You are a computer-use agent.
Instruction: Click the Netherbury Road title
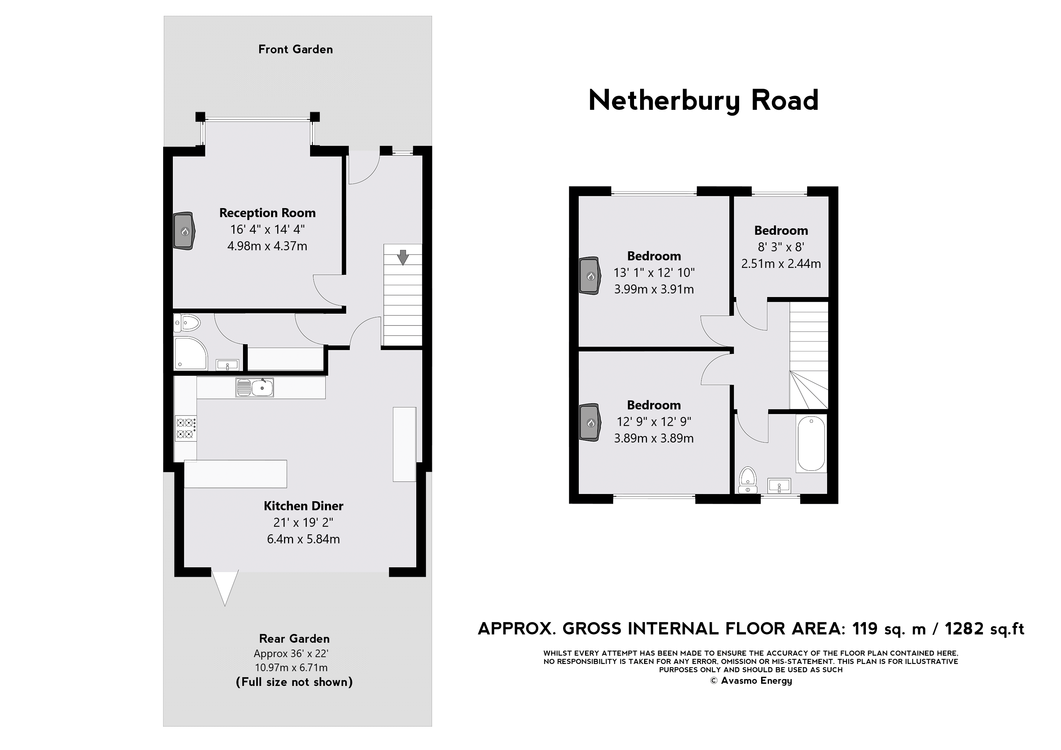703,100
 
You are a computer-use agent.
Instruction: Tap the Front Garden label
295,49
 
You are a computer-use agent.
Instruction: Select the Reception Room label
267,213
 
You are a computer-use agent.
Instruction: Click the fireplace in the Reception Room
184,231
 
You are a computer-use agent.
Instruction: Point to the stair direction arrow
403,257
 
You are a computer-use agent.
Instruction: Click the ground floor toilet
188,323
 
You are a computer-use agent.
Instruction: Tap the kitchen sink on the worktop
255,387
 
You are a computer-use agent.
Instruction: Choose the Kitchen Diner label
303,506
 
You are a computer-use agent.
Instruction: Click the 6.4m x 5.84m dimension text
303,539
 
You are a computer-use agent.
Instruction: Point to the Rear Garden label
295,639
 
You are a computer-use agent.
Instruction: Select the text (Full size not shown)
295,682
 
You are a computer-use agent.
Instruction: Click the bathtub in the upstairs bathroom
812,443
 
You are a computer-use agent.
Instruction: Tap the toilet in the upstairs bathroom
747,480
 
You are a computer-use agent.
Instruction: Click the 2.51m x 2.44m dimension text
781,264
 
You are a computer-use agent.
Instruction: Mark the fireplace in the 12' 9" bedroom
590,423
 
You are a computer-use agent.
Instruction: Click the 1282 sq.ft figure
984,629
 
